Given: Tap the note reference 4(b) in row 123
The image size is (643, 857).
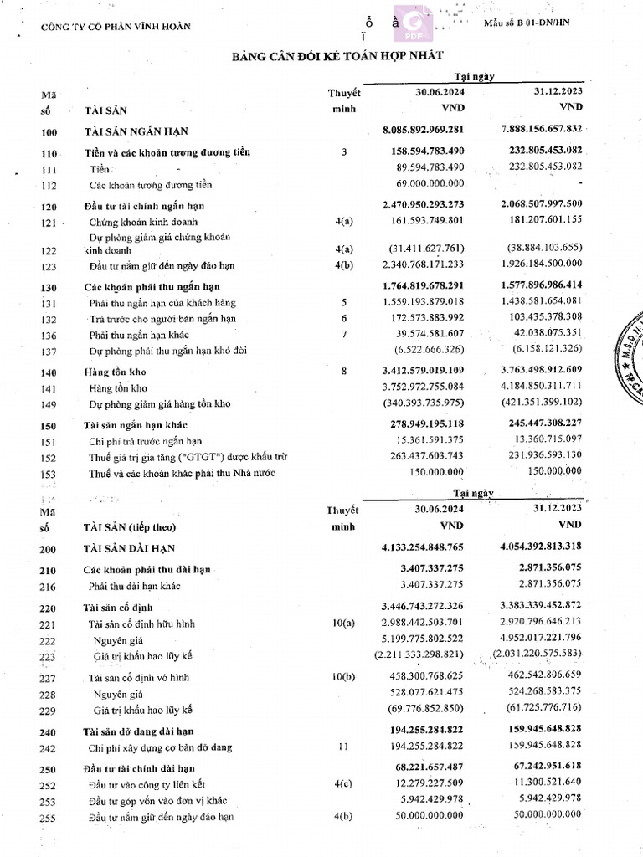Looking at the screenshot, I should tap(343, 265).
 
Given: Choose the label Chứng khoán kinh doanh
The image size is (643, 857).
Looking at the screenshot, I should tap(143, 223).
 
